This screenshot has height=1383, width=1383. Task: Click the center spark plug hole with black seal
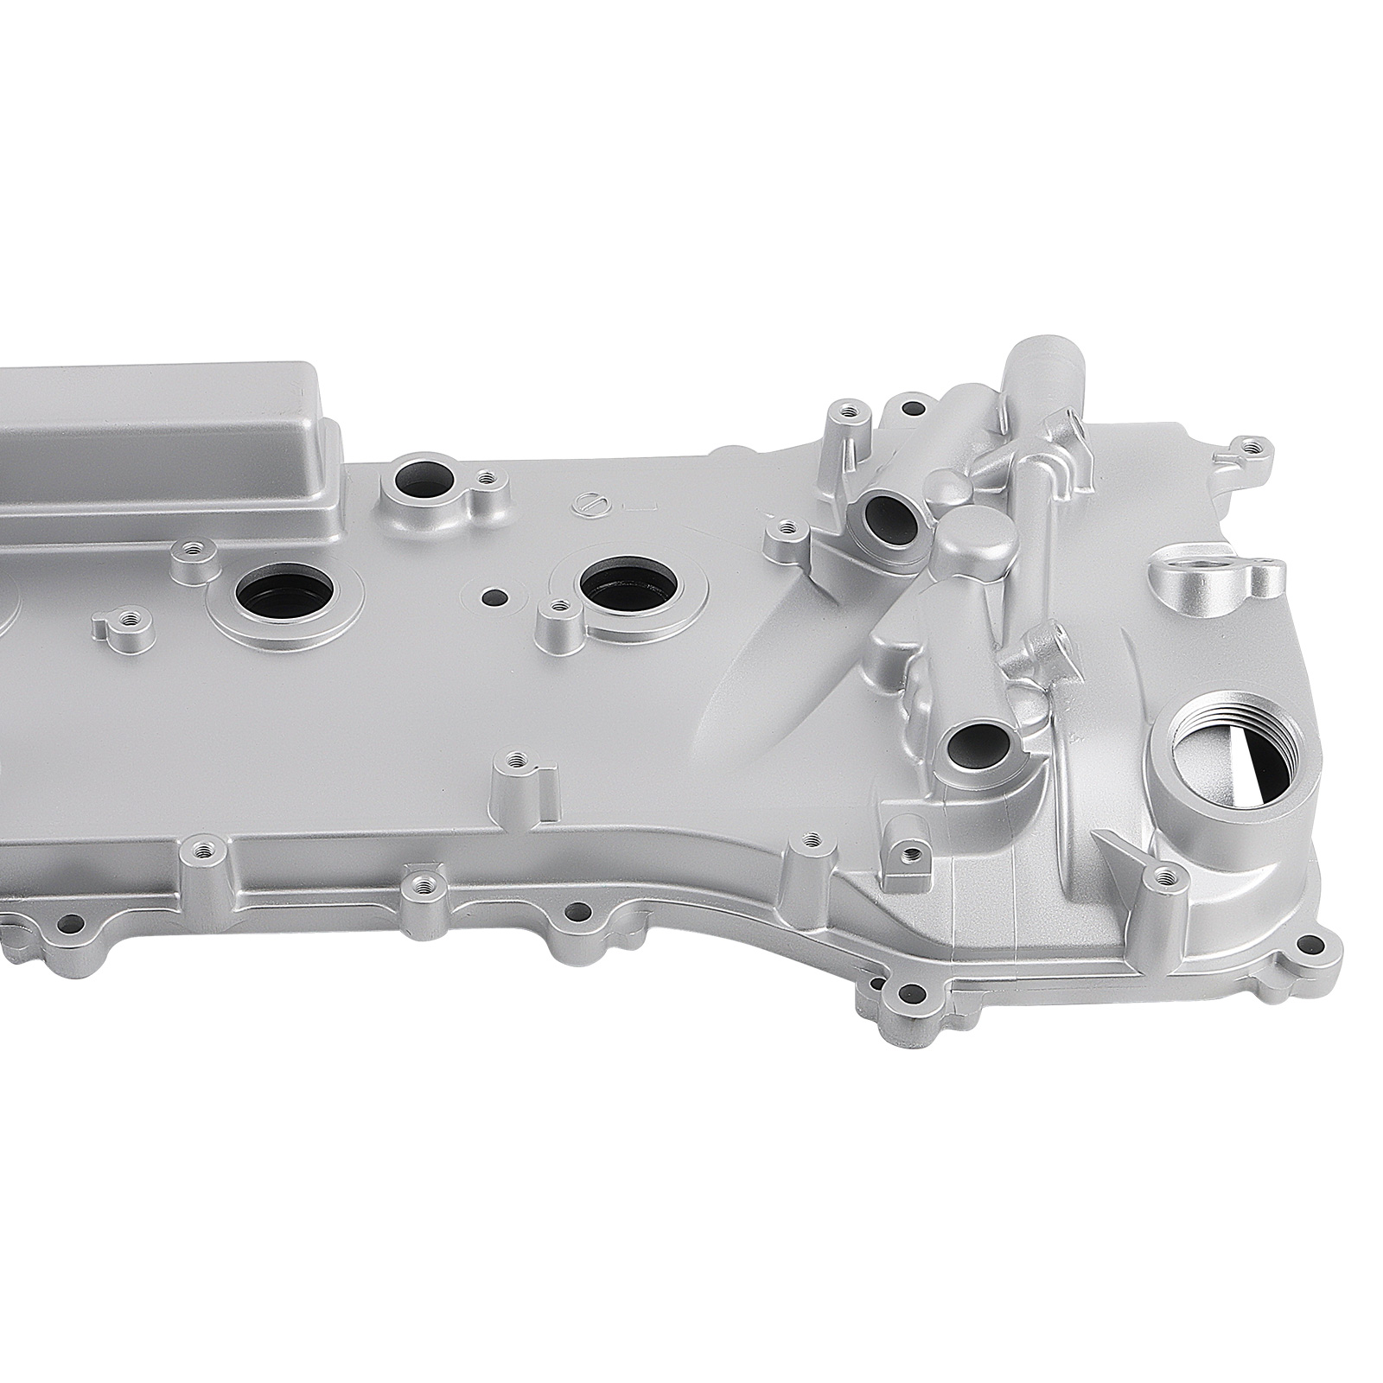click(x=628, y=583)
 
